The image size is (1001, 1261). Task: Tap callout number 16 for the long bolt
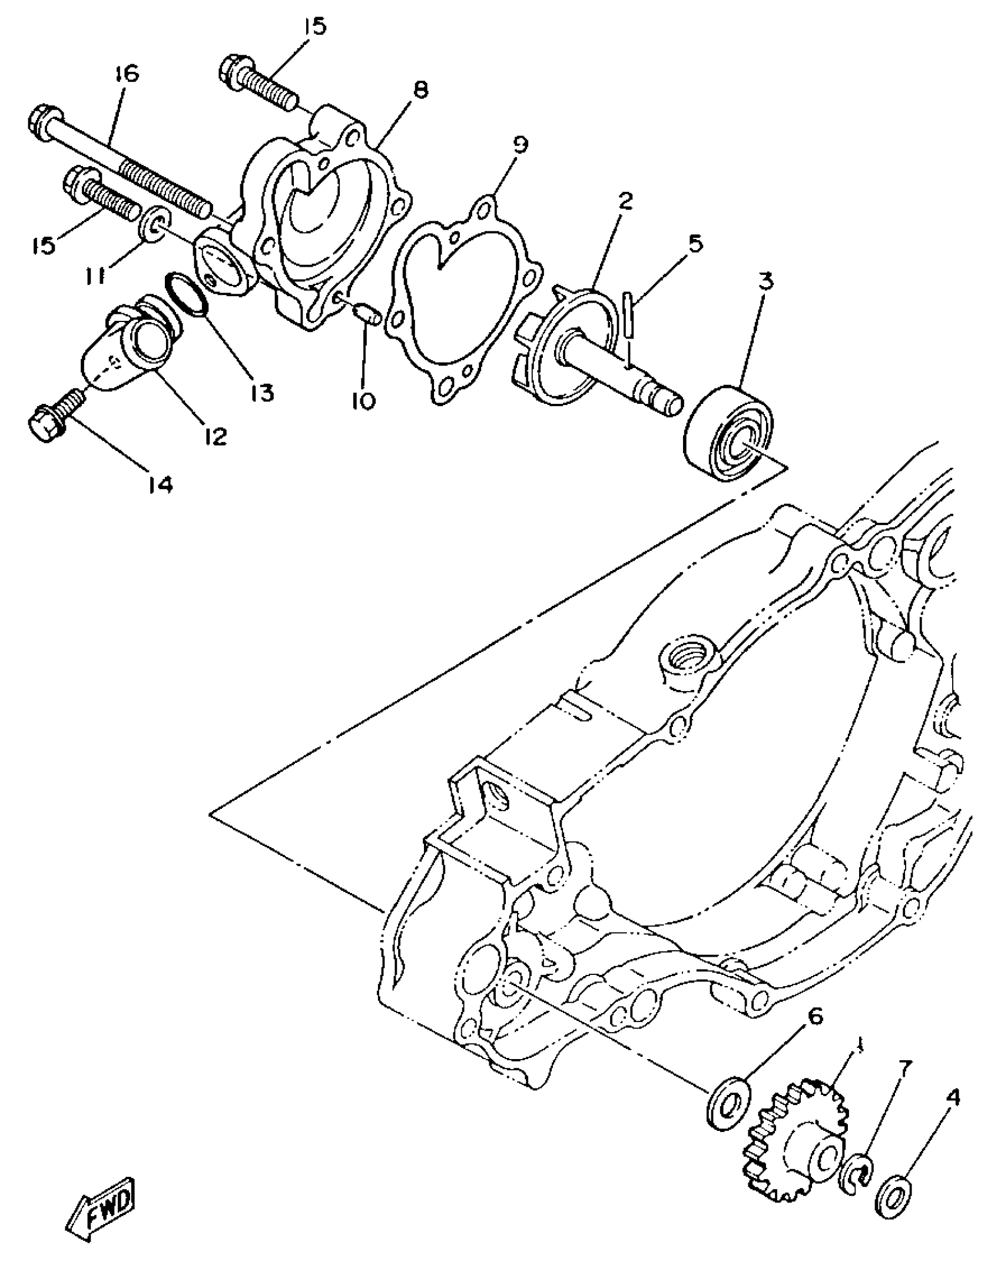point(125,74)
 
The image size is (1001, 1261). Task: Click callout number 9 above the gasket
point(519,144)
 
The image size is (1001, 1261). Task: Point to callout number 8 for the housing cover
point(420,89)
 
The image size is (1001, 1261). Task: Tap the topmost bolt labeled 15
point(259,82)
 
